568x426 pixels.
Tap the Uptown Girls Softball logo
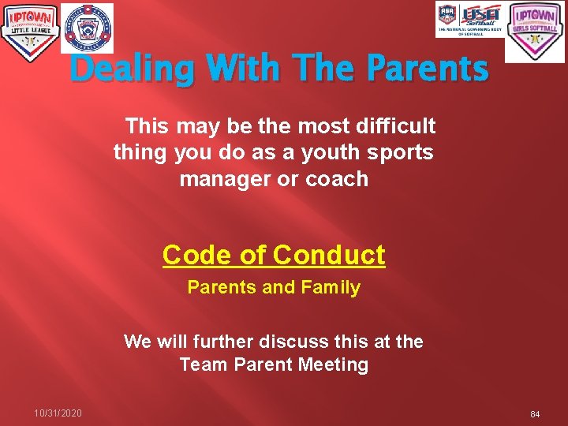tap(535, 32)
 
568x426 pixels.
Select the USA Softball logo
tap(470, 20)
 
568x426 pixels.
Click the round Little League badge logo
tap(87, 28)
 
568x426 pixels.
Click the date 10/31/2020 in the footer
tap(58, 413)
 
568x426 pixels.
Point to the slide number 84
tap(535, 414)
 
